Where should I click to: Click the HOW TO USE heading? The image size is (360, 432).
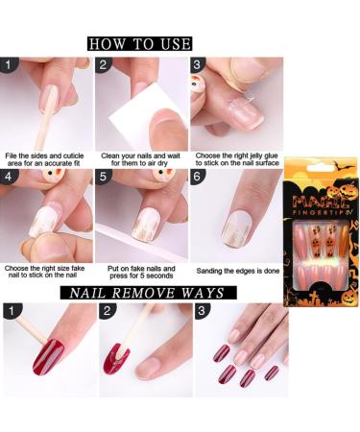[x=139, y=44]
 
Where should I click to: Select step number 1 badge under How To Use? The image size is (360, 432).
[x=10, y=66]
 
